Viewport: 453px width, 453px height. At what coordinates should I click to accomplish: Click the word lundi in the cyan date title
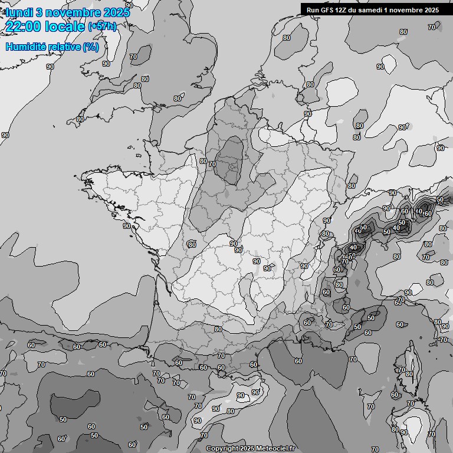pyautogui.click(x=18, y=12)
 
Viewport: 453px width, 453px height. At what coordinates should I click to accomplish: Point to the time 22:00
pyautogui.click(x=24, y=27)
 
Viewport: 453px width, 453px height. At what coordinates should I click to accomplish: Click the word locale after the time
pyautogui.click(x=65, y=27)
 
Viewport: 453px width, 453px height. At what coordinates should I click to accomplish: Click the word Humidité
pyautogui.click(x=25, y=47)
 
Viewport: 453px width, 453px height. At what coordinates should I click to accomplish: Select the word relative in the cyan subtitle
pyautogui.click(x=65, y=47)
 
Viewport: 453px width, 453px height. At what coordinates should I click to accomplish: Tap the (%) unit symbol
pyautogui.click(x=91, y=47)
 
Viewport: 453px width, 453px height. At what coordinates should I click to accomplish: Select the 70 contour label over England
pyautogui.click(x=133, y=57)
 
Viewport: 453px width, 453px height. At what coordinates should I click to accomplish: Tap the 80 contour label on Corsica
pyautogui.click(x=409, y=374)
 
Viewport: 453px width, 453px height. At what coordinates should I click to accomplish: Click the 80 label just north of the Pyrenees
pyautogui.click(x=218, y=330)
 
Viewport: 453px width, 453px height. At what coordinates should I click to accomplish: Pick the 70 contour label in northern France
pyautogui.click(x=212, y=164)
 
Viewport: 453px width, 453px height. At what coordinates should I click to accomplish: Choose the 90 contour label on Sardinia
pyautogui.click(x=404, y=432)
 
